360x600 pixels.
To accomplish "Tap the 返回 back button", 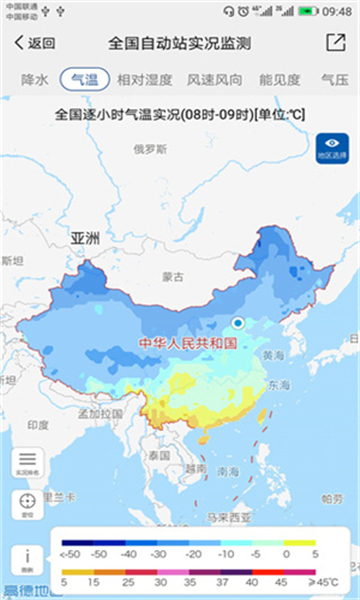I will (x=36, y=44).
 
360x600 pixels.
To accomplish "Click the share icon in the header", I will (x=334, y=43).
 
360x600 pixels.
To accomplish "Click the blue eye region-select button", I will (x=332, y=149).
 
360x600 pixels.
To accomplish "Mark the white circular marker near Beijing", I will (x=238, y=322).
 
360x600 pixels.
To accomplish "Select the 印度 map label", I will (x=38, y=424).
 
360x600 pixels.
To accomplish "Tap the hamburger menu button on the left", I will (x=27, y=461).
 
